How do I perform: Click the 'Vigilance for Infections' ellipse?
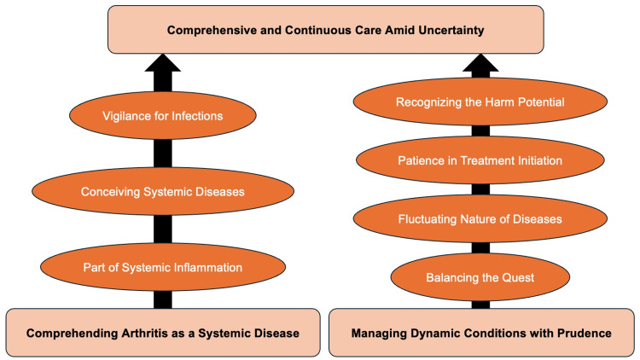[x=163, y=115]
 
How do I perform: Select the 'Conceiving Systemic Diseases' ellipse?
[x=163, y=191]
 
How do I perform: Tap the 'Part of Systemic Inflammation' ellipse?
[x=163, y=267]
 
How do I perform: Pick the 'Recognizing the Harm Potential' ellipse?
[x=480, y=102]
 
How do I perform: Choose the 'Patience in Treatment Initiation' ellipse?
[x=480, y=160]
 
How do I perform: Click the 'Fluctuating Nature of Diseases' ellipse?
[x=480, y=218]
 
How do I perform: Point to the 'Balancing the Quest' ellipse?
[x=480, y=277]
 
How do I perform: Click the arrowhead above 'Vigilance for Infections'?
[x=163, y=63]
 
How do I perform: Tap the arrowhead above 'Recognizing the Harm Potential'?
[x=480, y=63]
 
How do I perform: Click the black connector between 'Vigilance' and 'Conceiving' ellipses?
[x=163, y=154]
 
